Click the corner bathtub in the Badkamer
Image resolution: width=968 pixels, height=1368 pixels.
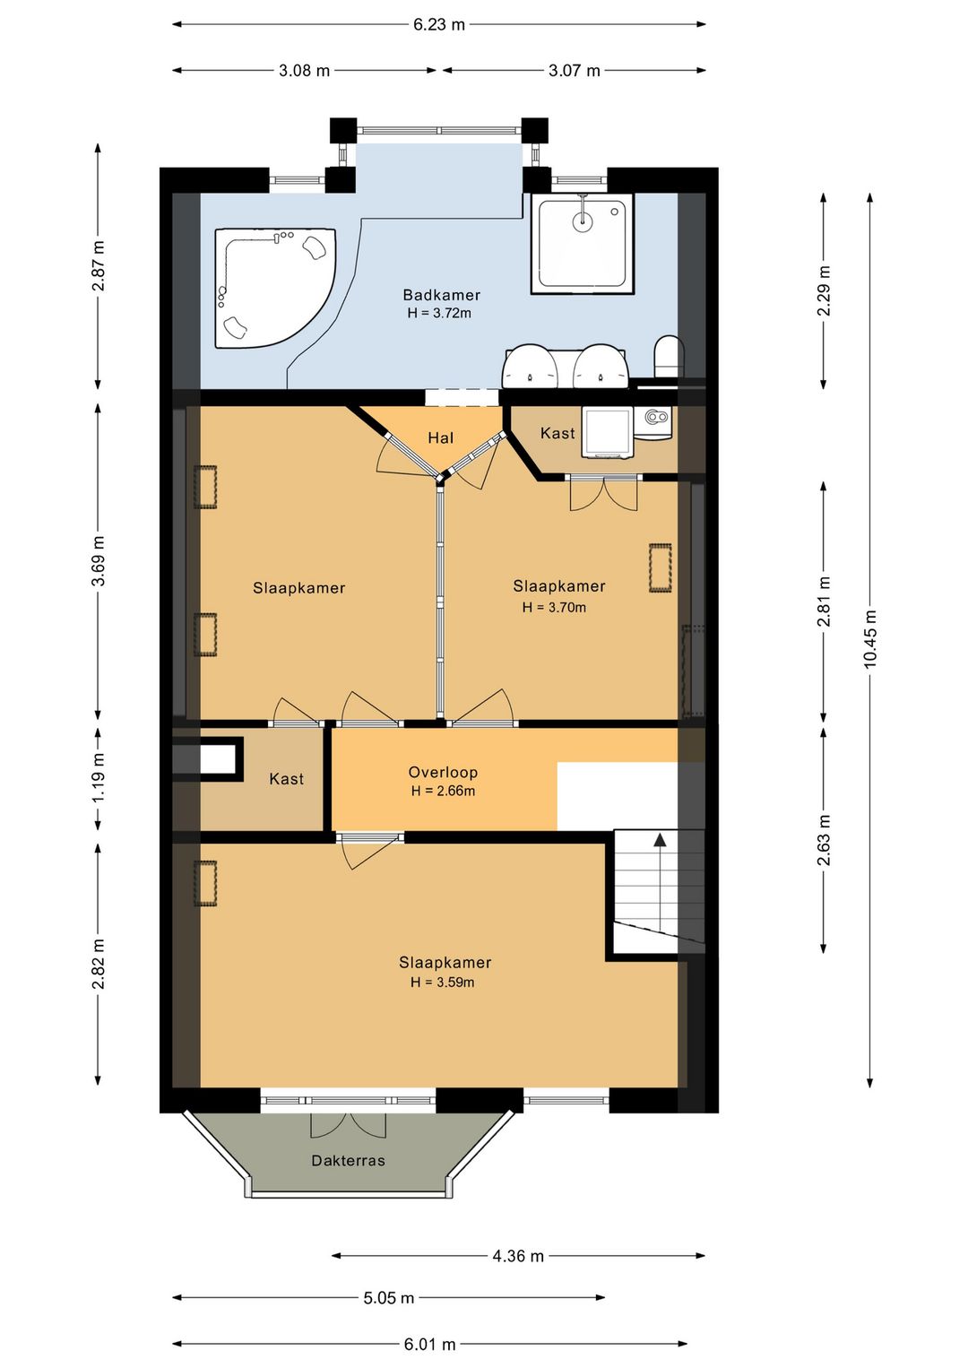click(269, 287)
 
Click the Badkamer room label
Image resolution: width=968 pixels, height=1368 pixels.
click(442, 295)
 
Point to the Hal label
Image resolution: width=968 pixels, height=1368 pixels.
click(440, 437)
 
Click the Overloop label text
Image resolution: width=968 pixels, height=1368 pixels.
click(443, 772)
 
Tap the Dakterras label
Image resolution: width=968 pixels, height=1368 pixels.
click(348, 1160)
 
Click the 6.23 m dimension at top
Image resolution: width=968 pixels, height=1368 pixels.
click(438, 24)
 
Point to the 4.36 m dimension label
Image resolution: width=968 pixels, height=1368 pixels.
click(518, 1256)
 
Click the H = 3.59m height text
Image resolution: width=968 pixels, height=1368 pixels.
click(442, 982)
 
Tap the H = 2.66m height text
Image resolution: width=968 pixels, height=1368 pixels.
click(443, 791)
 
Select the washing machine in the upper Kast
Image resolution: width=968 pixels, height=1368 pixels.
click(606, 432)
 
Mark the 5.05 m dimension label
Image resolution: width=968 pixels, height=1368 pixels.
click(389, 1297)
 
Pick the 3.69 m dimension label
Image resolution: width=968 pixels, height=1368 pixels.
click(99, 560)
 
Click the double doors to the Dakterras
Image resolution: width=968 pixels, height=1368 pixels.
click(348, 1125)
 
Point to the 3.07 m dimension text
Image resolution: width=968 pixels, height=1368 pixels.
click(575, 70)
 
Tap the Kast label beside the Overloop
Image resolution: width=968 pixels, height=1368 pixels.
click(287, 779)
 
